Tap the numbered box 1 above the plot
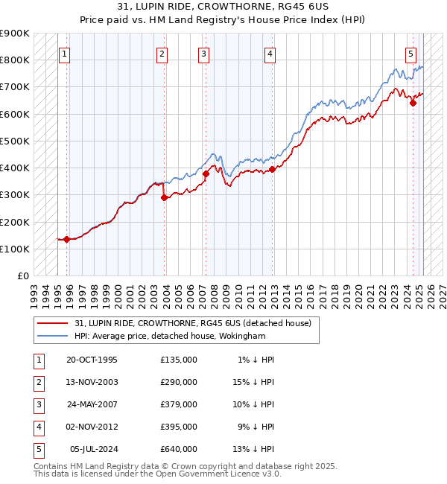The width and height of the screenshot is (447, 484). click(x=66, y=54)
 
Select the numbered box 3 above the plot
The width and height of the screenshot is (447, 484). click(x=203, y=54)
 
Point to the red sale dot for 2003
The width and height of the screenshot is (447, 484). click(x=165, y=197)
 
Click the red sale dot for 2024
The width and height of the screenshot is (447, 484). click(x=413, y=103)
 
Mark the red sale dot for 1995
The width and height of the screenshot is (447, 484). click(x=66, y=239)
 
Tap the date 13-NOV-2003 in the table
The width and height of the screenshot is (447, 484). click(x=92, y=382)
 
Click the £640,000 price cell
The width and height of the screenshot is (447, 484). click(x=179, y=449)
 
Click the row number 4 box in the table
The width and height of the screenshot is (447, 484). click(x=38, y=427)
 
